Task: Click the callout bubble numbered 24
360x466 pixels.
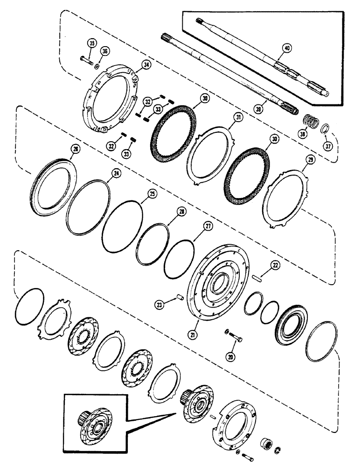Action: click(x=115, y=173)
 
